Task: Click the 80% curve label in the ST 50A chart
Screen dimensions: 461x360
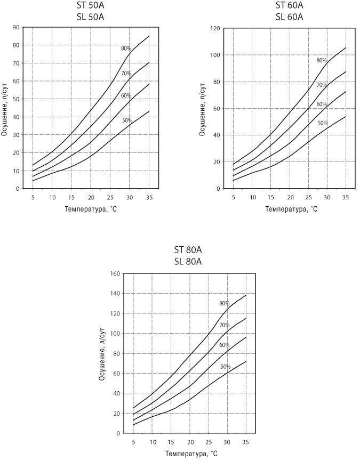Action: [x=126, y=48]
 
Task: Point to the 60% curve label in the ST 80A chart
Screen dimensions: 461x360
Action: [x=224, y=345]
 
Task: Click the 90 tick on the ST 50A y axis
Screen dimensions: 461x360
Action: [x=16, y=27]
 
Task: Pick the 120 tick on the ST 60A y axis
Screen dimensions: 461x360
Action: [x=213, y=28]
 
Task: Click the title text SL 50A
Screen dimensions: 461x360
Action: [x=90, y=17]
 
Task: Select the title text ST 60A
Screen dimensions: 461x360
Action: [x=289, y=5]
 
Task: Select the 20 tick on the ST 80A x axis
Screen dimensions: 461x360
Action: [x=189, y=443]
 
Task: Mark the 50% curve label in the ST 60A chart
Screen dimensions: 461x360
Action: [x=323, y=124]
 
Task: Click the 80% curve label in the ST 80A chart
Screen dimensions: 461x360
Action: [x=224, y=303]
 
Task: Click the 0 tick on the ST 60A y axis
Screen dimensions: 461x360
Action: [x=218, y=189]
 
